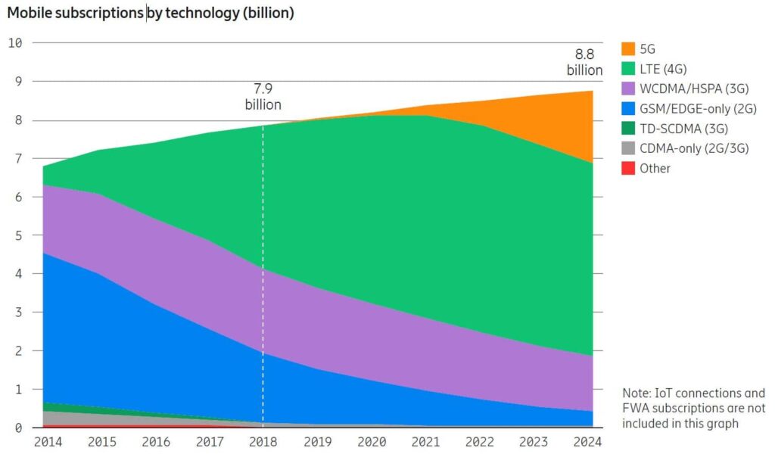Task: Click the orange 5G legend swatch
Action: pyautogui.click(x=627, y=49)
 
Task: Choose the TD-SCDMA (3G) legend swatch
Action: pyautogui.click(x=627, y=129)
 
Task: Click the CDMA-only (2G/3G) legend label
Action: pyautogui.click(x=694, y=148)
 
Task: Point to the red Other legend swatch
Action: pyautogui.click(x=627, y=168)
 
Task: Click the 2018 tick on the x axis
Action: pyautogui.click(x=263, y=442)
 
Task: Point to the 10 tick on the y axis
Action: pyautogui.click(x=15, y=42)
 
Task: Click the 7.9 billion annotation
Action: pyautogui.click(x=263, y=97)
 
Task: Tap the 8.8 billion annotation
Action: pyautogui.click(x=584, y=62)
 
